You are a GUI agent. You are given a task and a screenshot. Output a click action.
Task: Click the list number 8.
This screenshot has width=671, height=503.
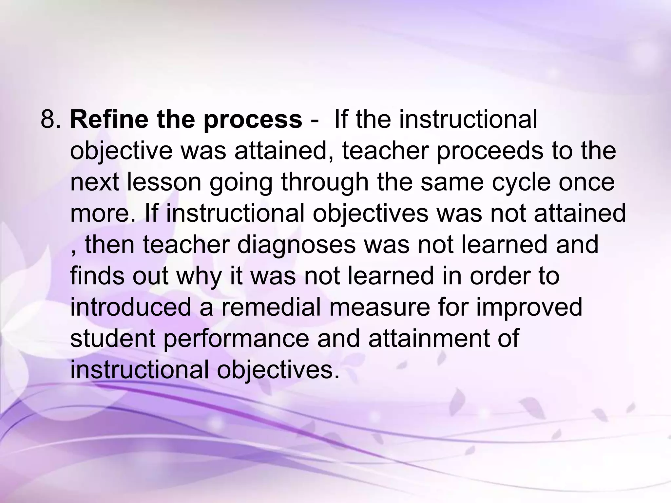51,120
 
